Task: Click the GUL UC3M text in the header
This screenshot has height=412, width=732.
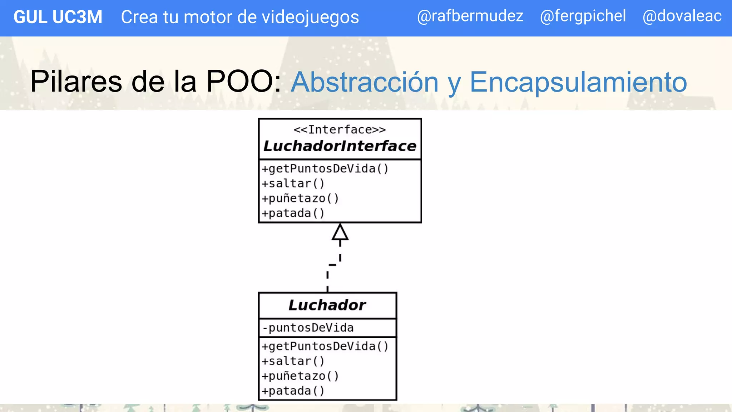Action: pyautogui.click(x=58, y=17)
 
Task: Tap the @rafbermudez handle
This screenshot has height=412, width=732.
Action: pyautogui.click(x=470, y=16)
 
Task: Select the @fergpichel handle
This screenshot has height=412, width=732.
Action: pyautogui.click(x=583, y=16)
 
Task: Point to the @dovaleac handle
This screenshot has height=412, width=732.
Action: pyautogui.click(x=682, y=16)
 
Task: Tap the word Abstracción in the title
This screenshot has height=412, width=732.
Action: pyautogui.click(x=364, y=82)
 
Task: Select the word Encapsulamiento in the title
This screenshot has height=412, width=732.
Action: pyautogui.click(x=578, y=82)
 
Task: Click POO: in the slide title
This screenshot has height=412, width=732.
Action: pyautogui.click(x=244, y=82)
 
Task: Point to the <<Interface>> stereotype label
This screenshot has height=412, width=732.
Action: pyautogui.click(x=340, y=129)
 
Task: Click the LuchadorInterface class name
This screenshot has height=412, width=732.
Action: pyautogui.click(x=340, y=146)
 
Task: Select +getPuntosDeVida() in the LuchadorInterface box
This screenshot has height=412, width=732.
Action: pyautogui.click(x=325, y=168)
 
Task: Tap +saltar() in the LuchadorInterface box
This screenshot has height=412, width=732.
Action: pyautogui.click(x=293, y=183)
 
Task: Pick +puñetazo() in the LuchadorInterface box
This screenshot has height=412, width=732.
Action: pyautogui.click(x=300, y=198)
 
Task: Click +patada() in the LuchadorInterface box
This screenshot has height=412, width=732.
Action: pyautogui.click(x=293, y=213)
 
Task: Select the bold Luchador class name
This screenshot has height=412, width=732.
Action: pyautogui.click(x=327, y=305)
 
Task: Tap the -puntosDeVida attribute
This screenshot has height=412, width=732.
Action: pyautogui.click(x=308, y=328)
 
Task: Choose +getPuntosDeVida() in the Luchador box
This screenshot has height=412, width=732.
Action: pyautogui.click(x=325, y=346)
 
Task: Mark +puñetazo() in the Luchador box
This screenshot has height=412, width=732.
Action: pyautogui.click(x=300, y=376)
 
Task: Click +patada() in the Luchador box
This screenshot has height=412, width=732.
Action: pyautogui.click(x=293, y=391)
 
